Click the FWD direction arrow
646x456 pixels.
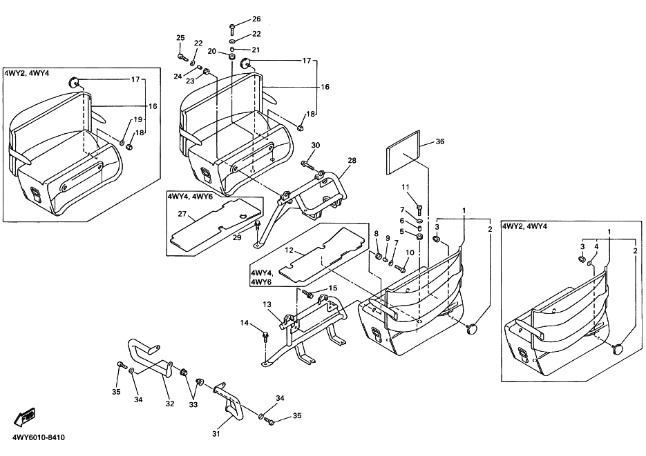[25, 416]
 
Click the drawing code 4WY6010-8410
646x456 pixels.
[39, 437]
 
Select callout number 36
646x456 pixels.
[440, 141]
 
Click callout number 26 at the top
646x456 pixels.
[256, 19]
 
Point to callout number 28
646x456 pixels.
[352, 160]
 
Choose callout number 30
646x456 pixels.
[316, 145]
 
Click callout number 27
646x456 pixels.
[182, 213]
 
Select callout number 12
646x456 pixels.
[289, 250]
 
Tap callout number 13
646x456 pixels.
[267, 304]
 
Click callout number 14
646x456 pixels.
[245, 323]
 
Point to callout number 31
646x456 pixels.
[216, 433]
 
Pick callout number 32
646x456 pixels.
[170, 404]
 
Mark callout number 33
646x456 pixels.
[193, 404]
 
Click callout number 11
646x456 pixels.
[406, 187]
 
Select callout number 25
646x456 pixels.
[180, 38]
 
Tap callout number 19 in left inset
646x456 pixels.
[137, 119]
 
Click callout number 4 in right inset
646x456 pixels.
[596, 246]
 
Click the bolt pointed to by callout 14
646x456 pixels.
[265, 337]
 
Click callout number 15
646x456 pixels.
[333, 288]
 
